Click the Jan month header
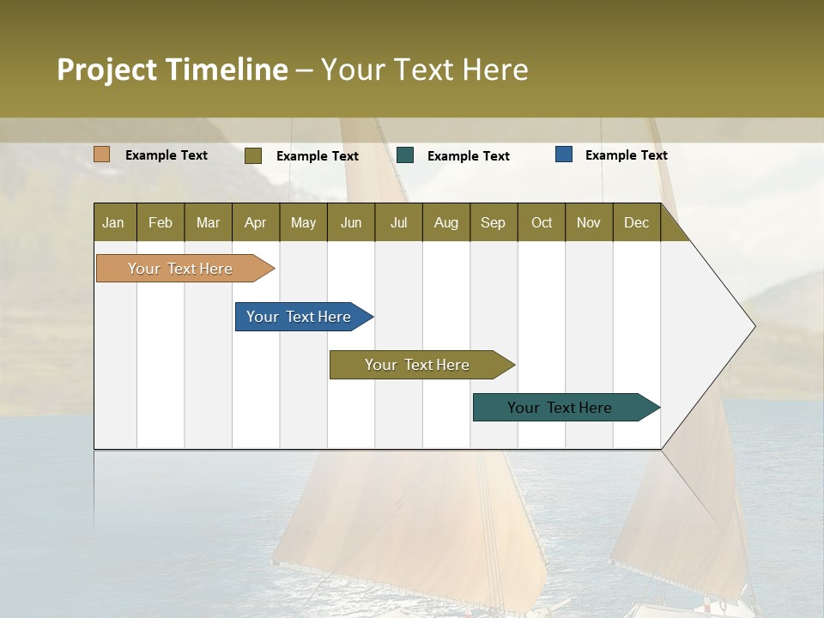(x=114, y=222)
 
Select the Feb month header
(x=161, y=222)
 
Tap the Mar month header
(x=208, y=222)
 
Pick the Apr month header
(x=256, y=222)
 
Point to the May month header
(x=303, y=222)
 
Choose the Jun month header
(x=351, y=222)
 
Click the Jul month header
(x=398, y=222)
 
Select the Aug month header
(x=446, y=222)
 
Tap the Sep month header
(x=494, y=222)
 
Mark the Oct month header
(x=542, y=222)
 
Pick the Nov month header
(x=589, y=222)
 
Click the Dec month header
(x=637, y=222)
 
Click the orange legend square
(x=102, y=154)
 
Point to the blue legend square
(x=564, y=154)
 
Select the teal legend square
(x=405, y=155)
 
